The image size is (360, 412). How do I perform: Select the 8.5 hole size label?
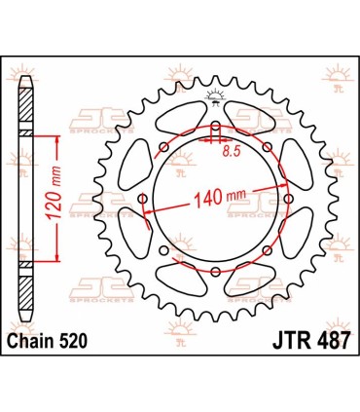click(x=233, y=153)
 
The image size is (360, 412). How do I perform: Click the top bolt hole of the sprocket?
click(x=214, y=128)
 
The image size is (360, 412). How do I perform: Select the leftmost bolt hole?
click(x=143, y=200)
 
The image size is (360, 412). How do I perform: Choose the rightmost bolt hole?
click(x=286, y=200)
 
